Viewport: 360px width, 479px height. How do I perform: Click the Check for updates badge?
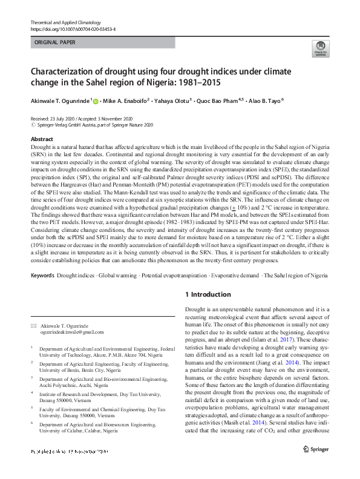(320, 50)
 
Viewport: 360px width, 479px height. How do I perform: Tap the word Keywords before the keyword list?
(42, 276)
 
